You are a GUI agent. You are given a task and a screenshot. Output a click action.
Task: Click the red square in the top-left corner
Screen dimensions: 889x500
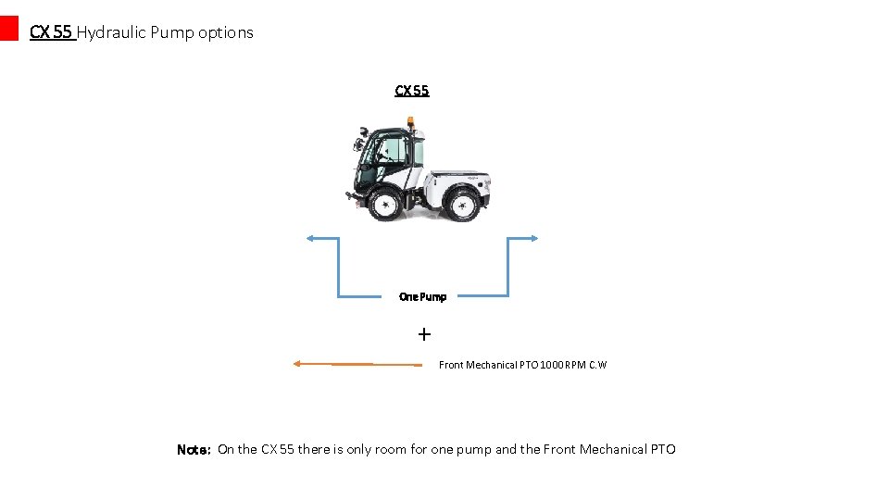(x=8, y=28)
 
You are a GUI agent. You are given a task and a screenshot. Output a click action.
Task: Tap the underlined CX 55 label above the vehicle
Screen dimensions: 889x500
(x=412, y=91)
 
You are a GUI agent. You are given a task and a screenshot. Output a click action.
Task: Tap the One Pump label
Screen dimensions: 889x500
(x=422, y=297)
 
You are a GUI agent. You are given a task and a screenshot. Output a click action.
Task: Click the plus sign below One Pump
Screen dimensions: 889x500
(x=424, y=333)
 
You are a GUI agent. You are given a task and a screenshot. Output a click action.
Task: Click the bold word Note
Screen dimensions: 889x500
(x=194, y=450)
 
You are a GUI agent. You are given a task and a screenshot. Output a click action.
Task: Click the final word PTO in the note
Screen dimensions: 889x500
(x=663, y=450)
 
